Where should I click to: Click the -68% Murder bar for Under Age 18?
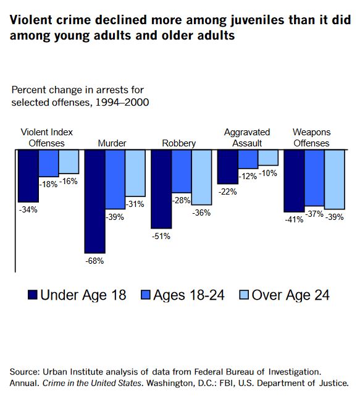pyautogui.click(x=94, y=201)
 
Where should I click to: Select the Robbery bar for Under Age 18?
pyautogui.click(x=161, y=188)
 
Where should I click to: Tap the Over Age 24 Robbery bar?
pyautogui.click(x=201, y=177)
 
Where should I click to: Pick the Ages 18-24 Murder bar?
pyautogui.click(x=115, y=179)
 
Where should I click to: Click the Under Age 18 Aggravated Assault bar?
pyautogui.click(x=227, y=167)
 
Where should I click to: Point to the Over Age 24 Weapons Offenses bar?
pyautogui.click(x=334, y=179)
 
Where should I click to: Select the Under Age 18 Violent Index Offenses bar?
pyautogui.click(x=28, y=175)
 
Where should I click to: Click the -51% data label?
pyautogui.click(x=161, y=236)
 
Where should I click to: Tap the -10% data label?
pyautogui.click(x=268, y=173)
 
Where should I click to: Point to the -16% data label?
pyautogui.click(x=69, y=181)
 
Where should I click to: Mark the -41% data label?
pyautogui.click(x=293, y=219)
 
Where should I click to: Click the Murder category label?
pyautogui.click(x=112, y=143)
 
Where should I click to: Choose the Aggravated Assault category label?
pyautogui.click(x=248, y=138)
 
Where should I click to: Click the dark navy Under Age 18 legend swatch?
pyautogui.click(x=33, y=295)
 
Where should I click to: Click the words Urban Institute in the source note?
pyautogui.click(x=69, y=371)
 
